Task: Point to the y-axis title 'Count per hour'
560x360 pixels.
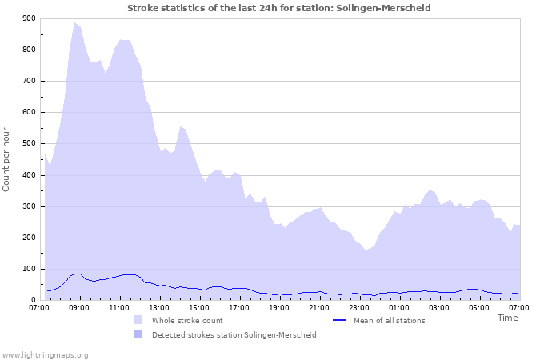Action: point(7,159)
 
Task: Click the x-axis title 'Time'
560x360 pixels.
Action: point(507,318)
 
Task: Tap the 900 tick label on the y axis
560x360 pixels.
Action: point(28,18)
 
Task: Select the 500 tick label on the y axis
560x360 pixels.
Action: point(28,144)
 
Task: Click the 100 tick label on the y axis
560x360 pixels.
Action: point(28,270)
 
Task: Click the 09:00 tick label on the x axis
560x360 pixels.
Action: point(79,307)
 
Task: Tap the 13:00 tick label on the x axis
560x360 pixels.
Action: point(159,307)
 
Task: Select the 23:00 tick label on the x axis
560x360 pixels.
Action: point(359,307)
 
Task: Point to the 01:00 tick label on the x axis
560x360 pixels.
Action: point(399,307)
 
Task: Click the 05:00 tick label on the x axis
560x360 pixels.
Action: point(479,307)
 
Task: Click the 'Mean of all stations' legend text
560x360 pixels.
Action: point(389,320)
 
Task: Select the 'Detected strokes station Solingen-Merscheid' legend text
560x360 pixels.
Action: point(234,334)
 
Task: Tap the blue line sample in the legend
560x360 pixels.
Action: point(340,320)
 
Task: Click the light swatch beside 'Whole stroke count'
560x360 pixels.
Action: point(138,320)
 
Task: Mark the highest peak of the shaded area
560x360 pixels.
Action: point(75,23)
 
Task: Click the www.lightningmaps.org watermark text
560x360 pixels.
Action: point(45,354)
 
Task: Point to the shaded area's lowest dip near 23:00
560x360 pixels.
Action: point(366,250)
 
